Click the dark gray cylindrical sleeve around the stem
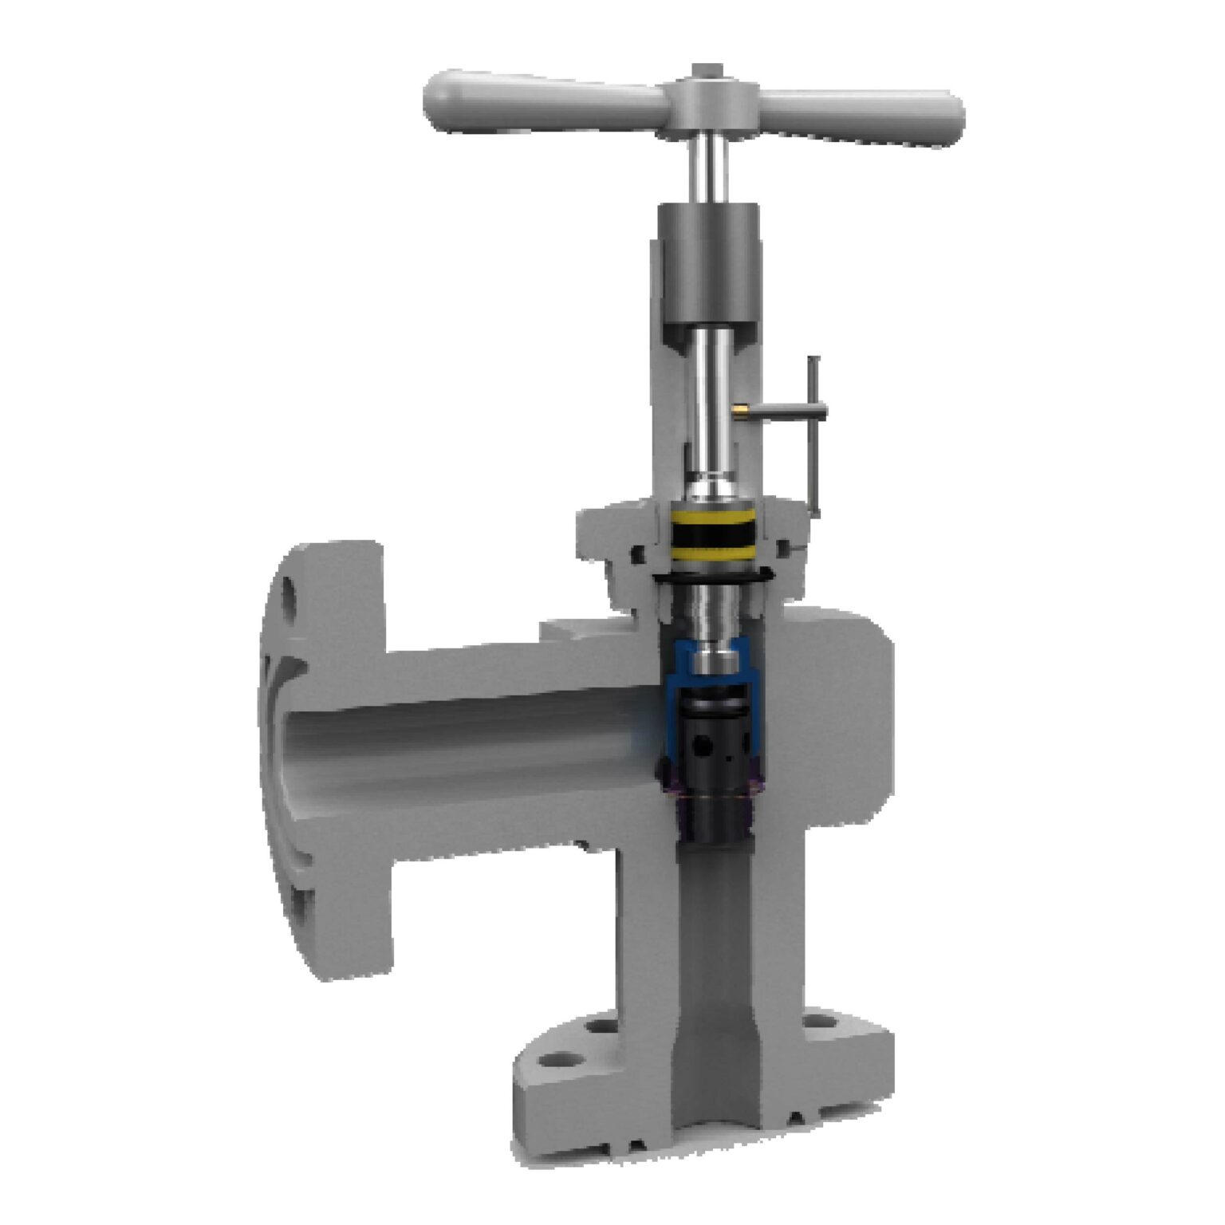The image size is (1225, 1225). (707, 263)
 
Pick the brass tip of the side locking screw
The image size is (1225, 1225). (739, 410)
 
